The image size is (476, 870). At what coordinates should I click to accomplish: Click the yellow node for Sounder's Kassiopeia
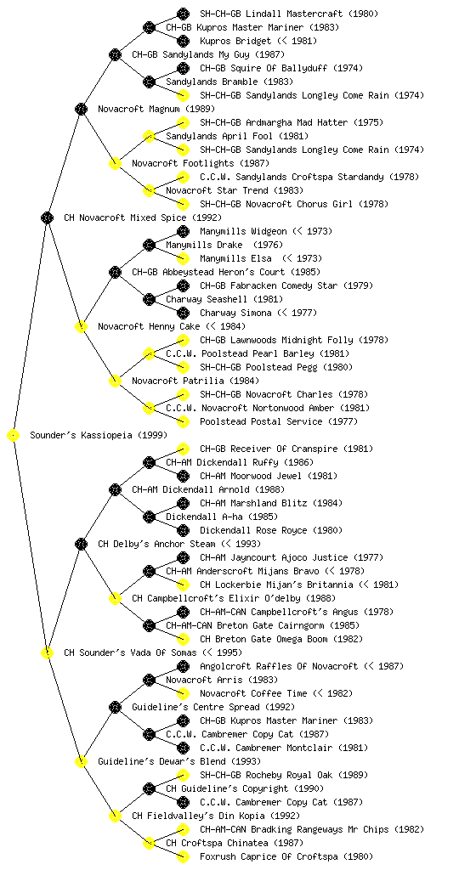14,436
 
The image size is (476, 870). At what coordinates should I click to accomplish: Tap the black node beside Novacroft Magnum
81,109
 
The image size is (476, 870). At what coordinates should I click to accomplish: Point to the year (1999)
152,435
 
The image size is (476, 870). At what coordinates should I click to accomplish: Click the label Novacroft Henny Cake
149,326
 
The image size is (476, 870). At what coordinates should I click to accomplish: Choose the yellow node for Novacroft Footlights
115,163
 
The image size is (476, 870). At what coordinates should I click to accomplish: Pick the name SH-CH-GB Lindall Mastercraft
272,14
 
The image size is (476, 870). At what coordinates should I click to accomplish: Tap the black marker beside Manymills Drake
149,245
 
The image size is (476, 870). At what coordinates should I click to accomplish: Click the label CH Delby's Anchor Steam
156,544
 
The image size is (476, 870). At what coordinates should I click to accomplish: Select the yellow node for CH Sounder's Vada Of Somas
47,652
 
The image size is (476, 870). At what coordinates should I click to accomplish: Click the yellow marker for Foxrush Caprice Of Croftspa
183,856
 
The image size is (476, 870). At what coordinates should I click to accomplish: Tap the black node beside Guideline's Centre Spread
115,707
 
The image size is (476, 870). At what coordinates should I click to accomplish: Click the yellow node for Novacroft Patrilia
115,381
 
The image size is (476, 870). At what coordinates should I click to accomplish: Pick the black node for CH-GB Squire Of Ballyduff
183,68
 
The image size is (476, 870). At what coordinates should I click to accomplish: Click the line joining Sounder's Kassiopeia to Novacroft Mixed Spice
31,326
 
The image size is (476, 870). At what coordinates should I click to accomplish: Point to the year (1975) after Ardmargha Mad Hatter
368,122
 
